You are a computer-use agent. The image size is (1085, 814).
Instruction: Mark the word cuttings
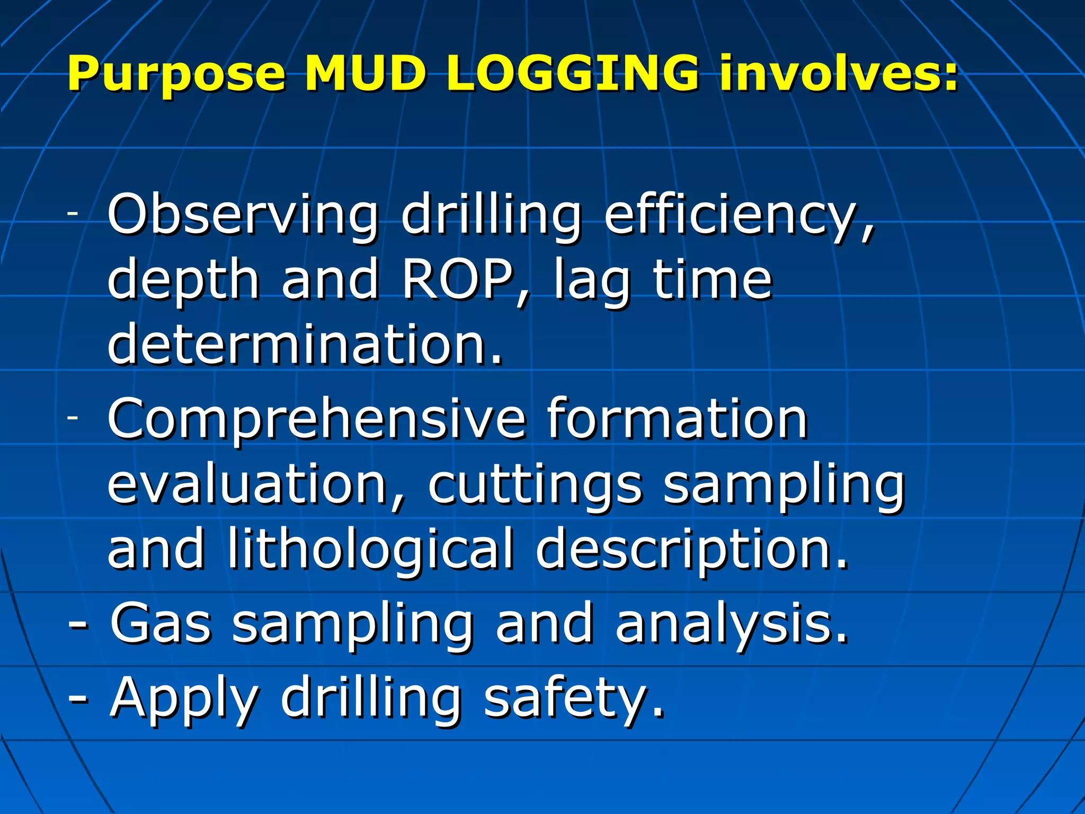(x=535, y=485)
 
